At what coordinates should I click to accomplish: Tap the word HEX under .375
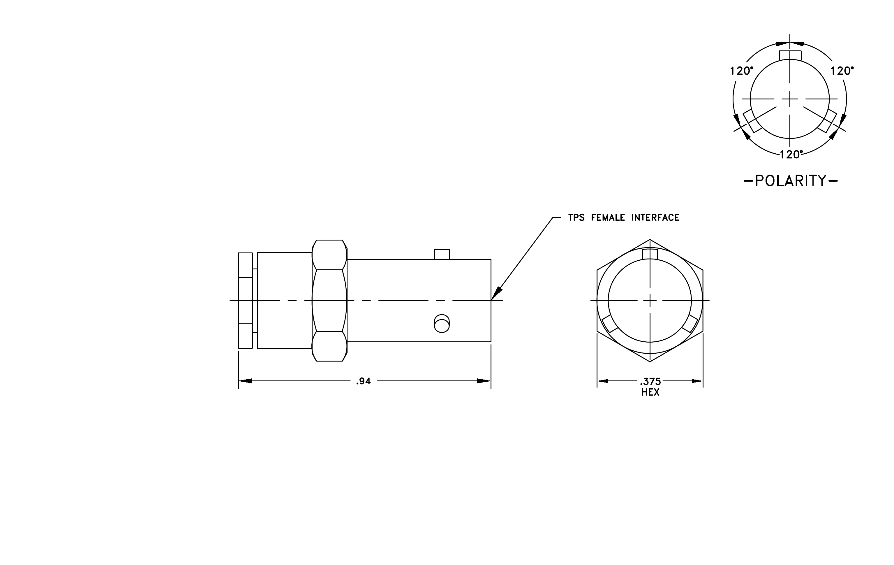point(650,392)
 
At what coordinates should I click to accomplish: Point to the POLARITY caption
point(791,181)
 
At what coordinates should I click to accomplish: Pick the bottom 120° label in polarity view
point(791,154)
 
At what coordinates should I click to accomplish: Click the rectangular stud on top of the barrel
point(442,255)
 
